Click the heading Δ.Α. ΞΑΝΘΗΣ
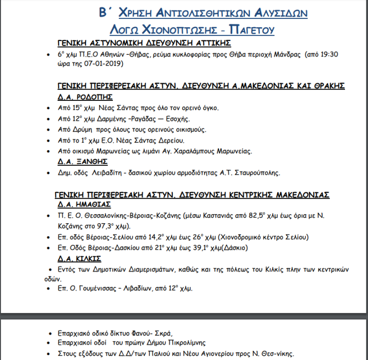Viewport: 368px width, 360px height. pyautogui.click(x=83, y=161)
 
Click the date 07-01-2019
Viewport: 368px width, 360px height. pyautogui.click(x=105, y=64)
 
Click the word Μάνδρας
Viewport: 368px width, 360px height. pyautogui.click(x=288, y=54)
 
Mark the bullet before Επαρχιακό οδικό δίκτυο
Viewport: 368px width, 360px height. pyautogui.click(x=49, y=333)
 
